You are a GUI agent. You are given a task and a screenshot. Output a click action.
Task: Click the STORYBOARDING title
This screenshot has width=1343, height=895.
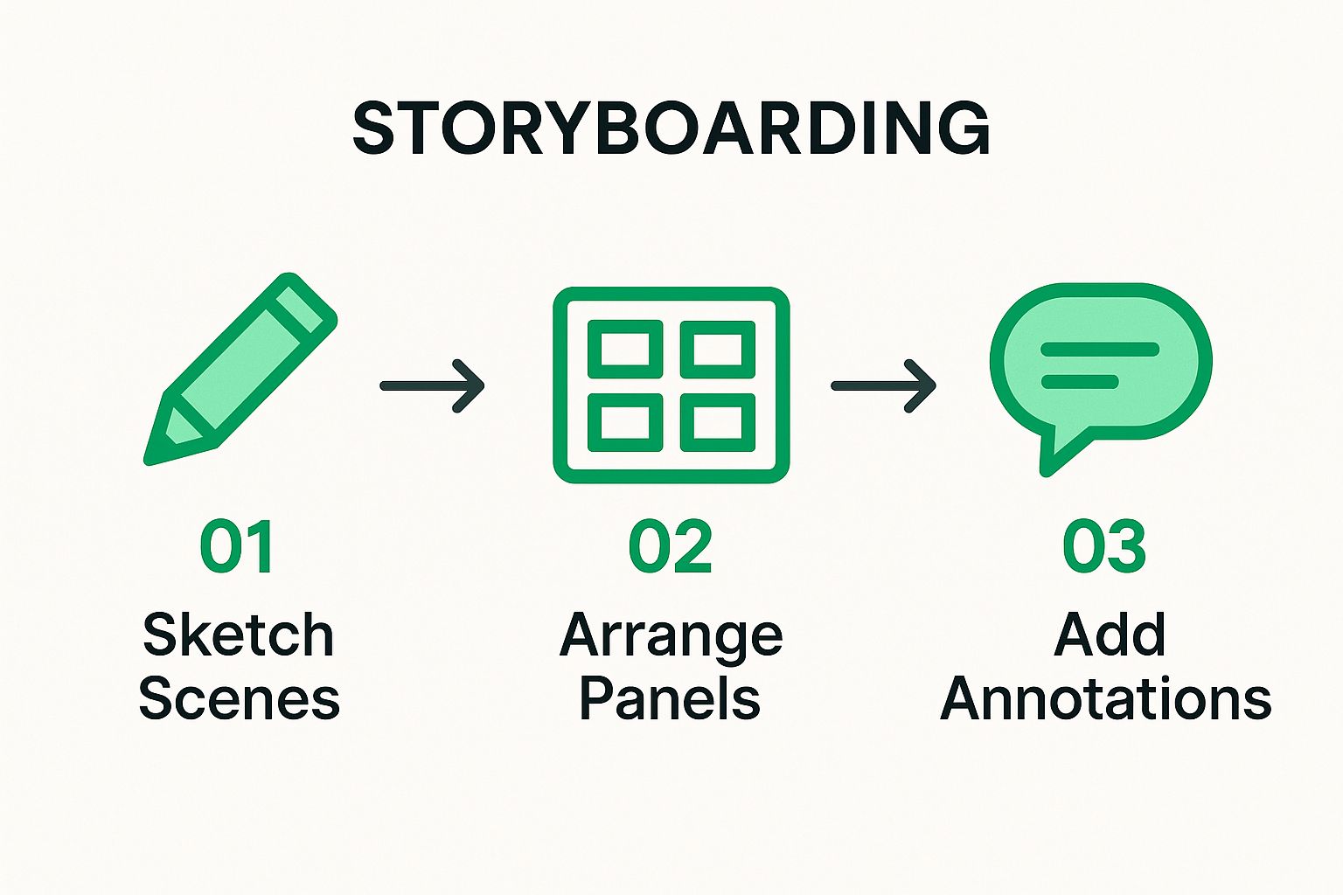coord(671,128)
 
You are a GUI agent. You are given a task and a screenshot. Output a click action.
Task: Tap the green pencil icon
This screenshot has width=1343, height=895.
coord(240,369)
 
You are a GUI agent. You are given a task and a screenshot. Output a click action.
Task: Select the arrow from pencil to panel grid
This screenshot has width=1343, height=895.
coord(432,386)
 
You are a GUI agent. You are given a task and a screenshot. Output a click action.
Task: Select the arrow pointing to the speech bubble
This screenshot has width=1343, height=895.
coord(883,386)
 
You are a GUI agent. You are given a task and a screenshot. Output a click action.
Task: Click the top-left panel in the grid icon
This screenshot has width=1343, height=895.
coord(625,350)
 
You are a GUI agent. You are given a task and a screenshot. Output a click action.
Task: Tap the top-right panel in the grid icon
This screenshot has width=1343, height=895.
coord(717,350)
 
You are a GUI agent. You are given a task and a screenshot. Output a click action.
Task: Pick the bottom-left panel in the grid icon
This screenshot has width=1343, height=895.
coord(625,423)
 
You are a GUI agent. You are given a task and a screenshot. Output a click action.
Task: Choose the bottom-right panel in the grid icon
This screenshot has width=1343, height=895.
coord(717,423)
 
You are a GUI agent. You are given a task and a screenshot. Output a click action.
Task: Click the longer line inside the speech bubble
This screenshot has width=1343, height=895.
coord(1100,350)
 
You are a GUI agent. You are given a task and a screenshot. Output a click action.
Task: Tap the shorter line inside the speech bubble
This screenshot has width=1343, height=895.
coord(1080,381)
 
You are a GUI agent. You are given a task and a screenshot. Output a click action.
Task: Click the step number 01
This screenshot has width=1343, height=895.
coord(237,546)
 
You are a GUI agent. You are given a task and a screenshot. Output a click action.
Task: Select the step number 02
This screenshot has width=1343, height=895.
coord(671,546)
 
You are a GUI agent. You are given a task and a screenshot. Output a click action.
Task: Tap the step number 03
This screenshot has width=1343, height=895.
coord(1104,546)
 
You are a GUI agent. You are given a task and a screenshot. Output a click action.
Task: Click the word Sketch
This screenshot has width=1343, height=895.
coord(238,635)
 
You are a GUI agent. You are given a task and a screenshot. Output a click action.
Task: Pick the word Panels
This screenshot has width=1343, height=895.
coord(670,697)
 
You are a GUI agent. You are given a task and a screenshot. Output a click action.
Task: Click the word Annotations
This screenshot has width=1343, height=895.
coord(1105,697)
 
